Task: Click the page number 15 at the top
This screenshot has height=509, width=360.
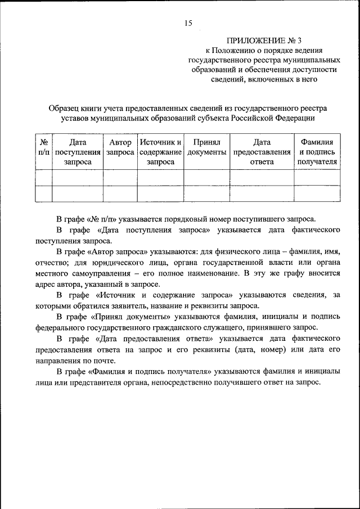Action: click(x=188, y=23)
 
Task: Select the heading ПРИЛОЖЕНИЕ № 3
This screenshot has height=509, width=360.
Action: click(x=264, y=40)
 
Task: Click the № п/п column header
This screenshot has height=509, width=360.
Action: click(x=43, y=147)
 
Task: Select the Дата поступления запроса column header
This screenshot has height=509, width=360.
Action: click(x=78, y=152)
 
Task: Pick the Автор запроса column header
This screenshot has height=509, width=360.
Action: click(x=120, y=147)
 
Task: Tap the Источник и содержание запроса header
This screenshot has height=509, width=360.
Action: click(x=160, y=152)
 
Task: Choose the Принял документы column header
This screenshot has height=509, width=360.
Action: click(x=206, y=147)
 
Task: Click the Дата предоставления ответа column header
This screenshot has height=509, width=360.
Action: click(x=262, y=152)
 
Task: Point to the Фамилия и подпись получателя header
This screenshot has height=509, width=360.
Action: click(x=317, y=152)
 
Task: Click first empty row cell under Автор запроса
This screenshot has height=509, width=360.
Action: click(x=120, y=178)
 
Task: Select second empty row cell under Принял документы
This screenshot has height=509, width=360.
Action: click(x=206, y=193)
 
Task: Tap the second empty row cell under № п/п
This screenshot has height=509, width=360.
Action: click(x=43, y=193)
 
